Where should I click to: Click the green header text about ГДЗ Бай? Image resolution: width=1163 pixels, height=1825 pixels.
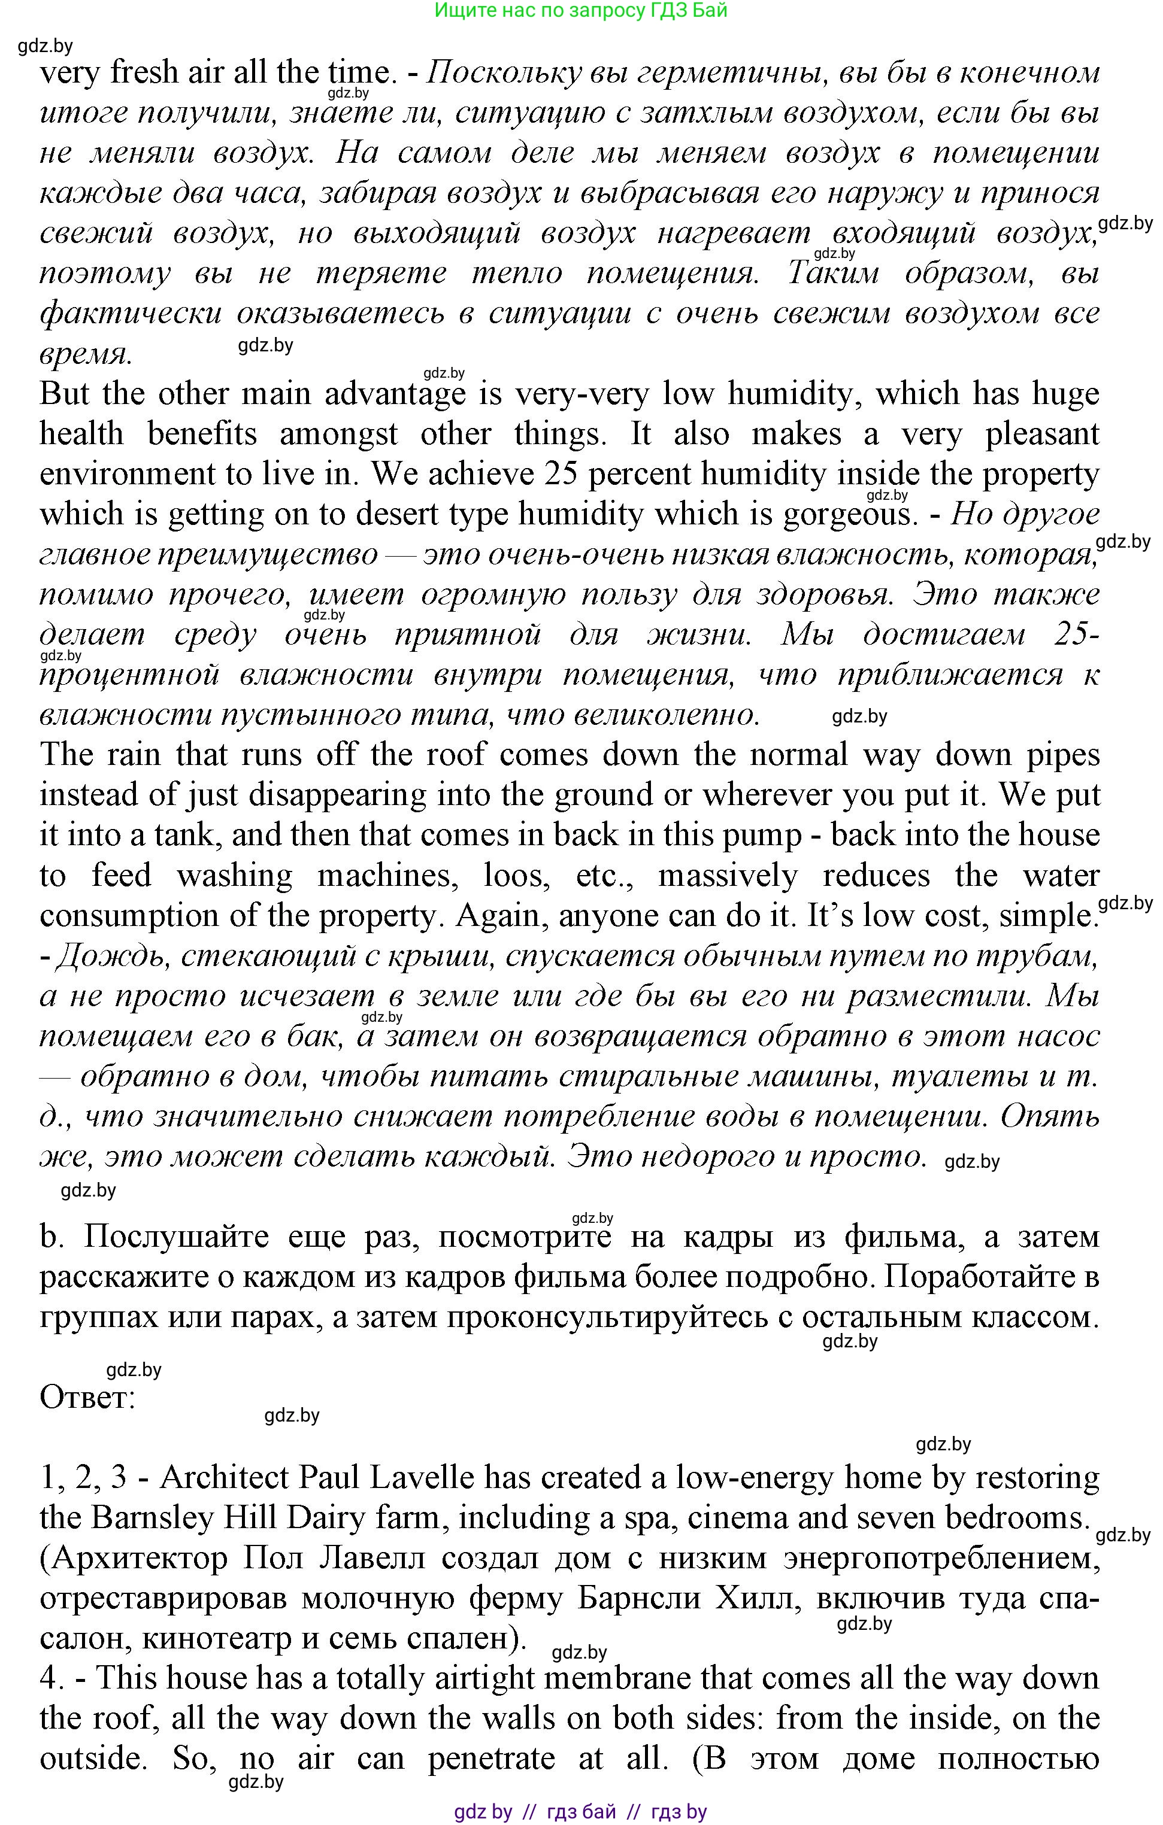(581, 11)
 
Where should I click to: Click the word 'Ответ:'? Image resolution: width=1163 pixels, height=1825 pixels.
(87, 1398)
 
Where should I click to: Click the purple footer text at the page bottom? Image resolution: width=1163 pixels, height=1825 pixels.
(581, 1812)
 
